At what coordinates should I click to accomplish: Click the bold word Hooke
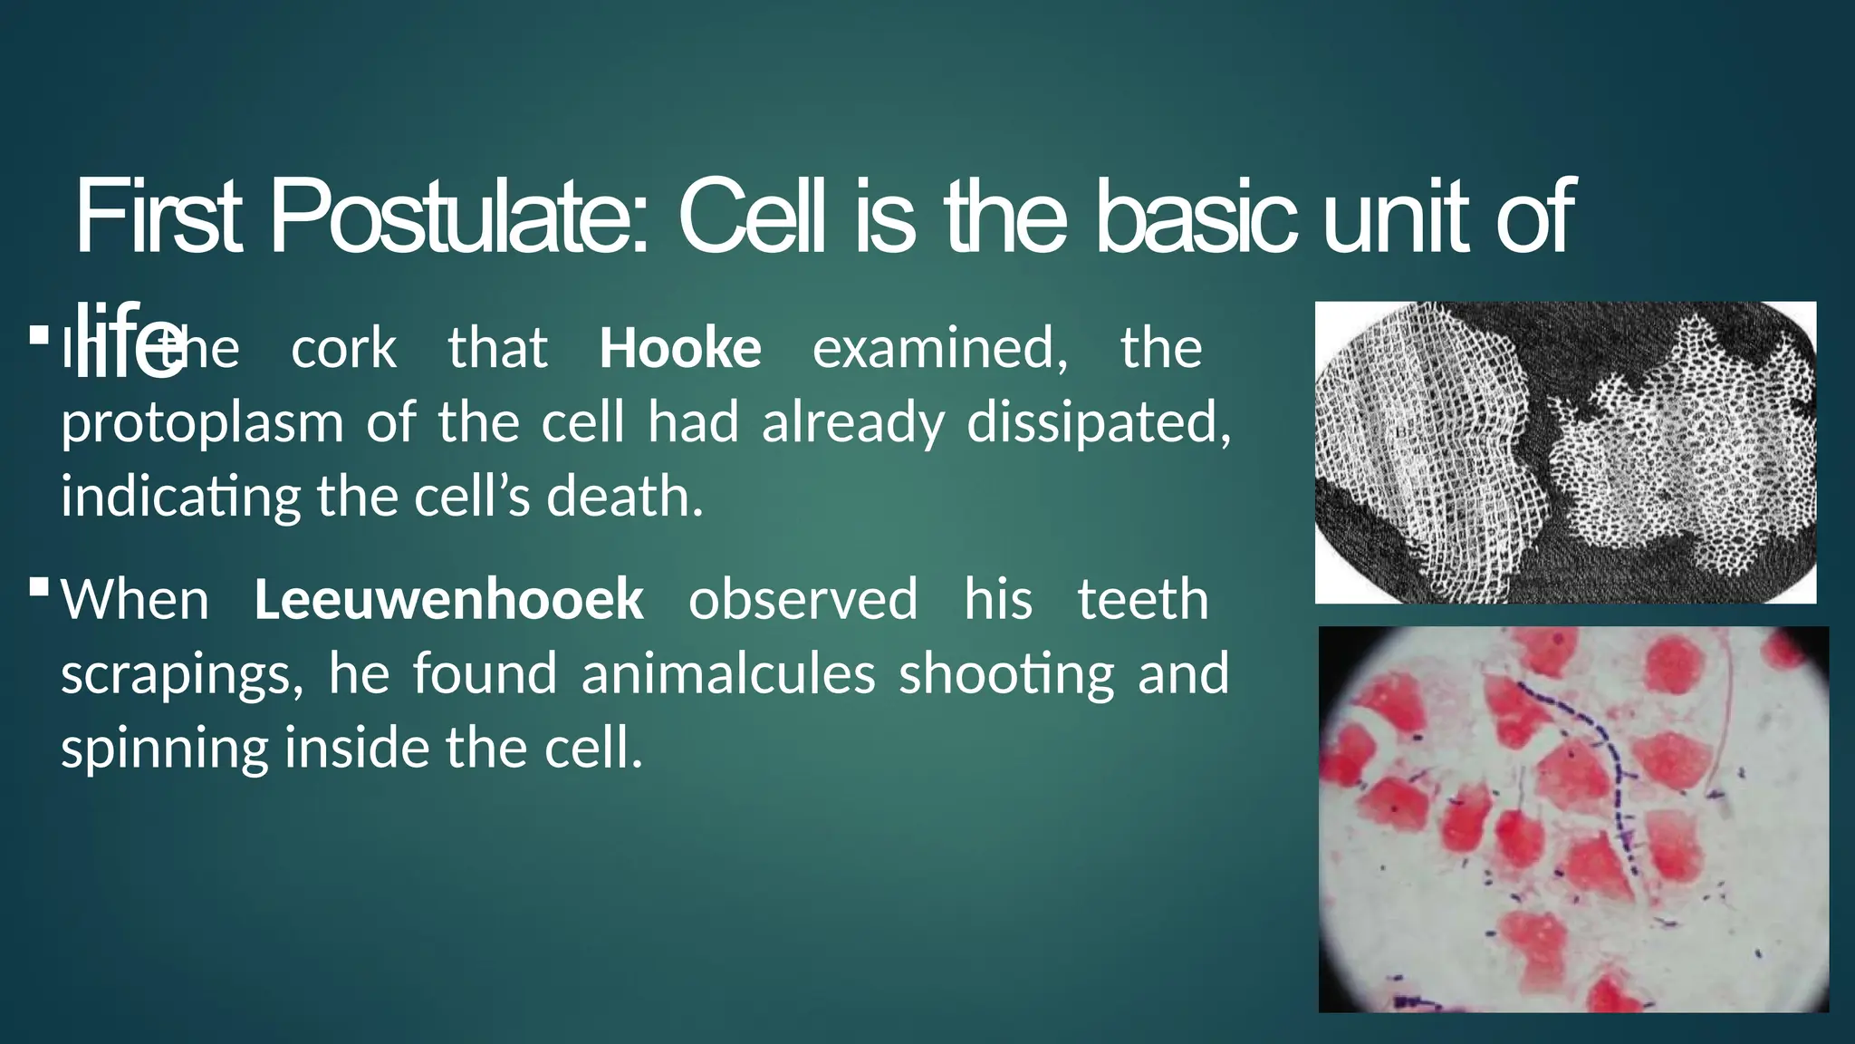click(x=680, y=349)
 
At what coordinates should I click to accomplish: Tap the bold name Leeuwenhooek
click(x=448, y=600)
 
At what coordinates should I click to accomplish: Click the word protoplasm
click(x=202, y=424)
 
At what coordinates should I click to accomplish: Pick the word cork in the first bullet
click(x=343, y=349)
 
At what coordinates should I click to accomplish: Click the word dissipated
click(x=1099, y=422)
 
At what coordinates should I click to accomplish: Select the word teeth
click(x=1143, y=600)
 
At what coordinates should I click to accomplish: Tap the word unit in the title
click(x=1396, y=218)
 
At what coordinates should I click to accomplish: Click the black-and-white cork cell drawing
click(x=1565, y=452)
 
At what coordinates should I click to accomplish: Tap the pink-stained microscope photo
click(x=1573, y=818)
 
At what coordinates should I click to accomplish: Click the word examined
click(x=940, y=349)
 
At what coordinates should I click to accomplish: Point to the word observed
click(x=803, y=600)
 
